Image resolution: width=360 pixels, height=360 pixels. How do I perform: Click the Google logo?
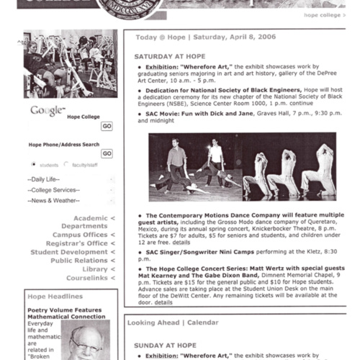pyautogui.click(x=46, y=110)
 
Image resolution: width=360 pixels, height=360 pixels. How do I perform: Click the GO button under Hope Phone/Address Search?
pyautogui.click(x=107, y=153)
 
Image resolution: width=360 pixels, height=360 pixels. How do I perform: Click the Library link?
pyautogui.click(x=94, y=269)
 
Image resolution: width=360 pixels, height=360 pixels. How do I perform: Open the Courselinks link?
pyautogui.click(x=87, y=278)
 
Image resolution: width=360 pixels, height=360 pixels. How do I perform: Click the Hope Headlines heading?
pyautogui.click(x=51, y=296)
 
